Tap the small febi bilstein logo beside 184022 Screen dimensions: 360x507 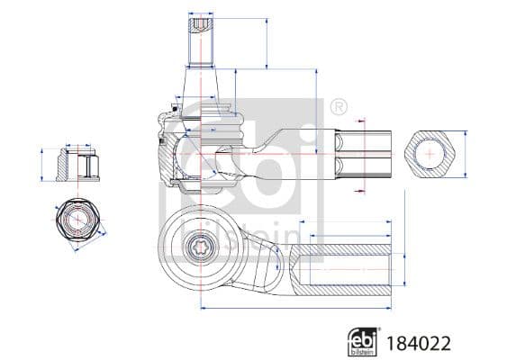362,341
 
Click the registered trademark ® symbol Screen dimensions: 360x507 338,107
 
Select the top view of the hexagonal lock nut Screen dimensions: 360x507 75,220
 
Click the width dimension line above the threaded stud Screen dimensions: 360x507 202,15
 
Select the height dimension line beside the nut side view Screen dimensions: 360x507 42,165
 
